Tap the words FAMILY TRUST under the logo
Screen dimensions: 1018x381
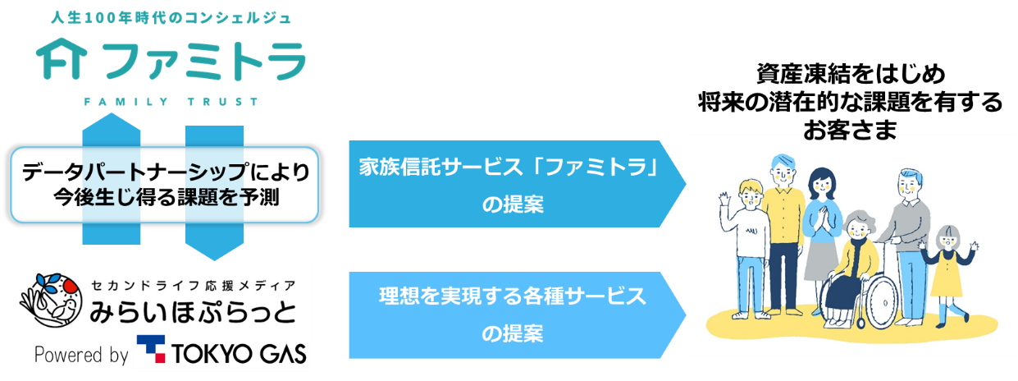[171, 102]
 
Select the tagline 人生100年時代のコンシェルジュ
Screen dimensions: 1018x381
[171, 16]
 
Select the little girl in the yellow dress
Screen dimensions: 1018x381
[948, 271]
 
